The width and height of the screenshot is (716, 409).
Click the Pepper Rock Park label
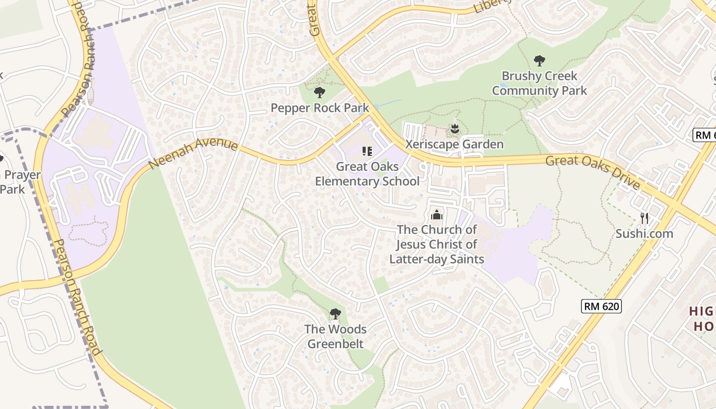320,108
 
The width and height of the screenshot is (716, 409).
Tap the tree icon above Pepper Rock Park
320,93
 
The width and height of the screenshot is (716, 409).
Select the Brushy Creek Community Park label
539,83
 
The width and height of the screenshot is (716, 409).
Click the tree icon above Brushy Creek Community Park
539,61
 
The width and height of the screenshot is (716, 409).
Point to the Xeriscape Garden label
454,144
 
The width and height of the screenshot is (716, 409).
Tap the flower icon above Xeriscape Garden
454,129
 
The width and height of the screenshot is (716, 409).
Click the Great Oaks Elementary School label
367,174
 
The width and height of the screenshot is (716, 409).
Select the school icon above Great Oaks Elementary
367,151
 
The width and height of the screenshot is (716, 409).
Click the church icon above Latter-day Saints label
436,214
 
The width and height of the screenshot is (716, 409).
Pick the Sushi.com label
644,234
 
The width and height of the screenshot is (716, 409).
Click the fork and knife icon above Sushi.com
644,218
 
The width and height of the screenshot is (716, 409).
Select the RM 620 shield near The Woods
601,306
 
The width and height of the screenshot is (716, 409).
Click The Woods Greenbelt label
335,336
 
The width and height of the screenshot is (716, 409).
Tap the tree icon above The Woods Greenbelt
335,313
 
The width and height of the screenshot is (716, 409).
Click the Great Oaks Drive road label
593,172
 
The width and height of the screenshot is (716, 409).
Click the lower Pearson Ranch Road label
77,297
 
